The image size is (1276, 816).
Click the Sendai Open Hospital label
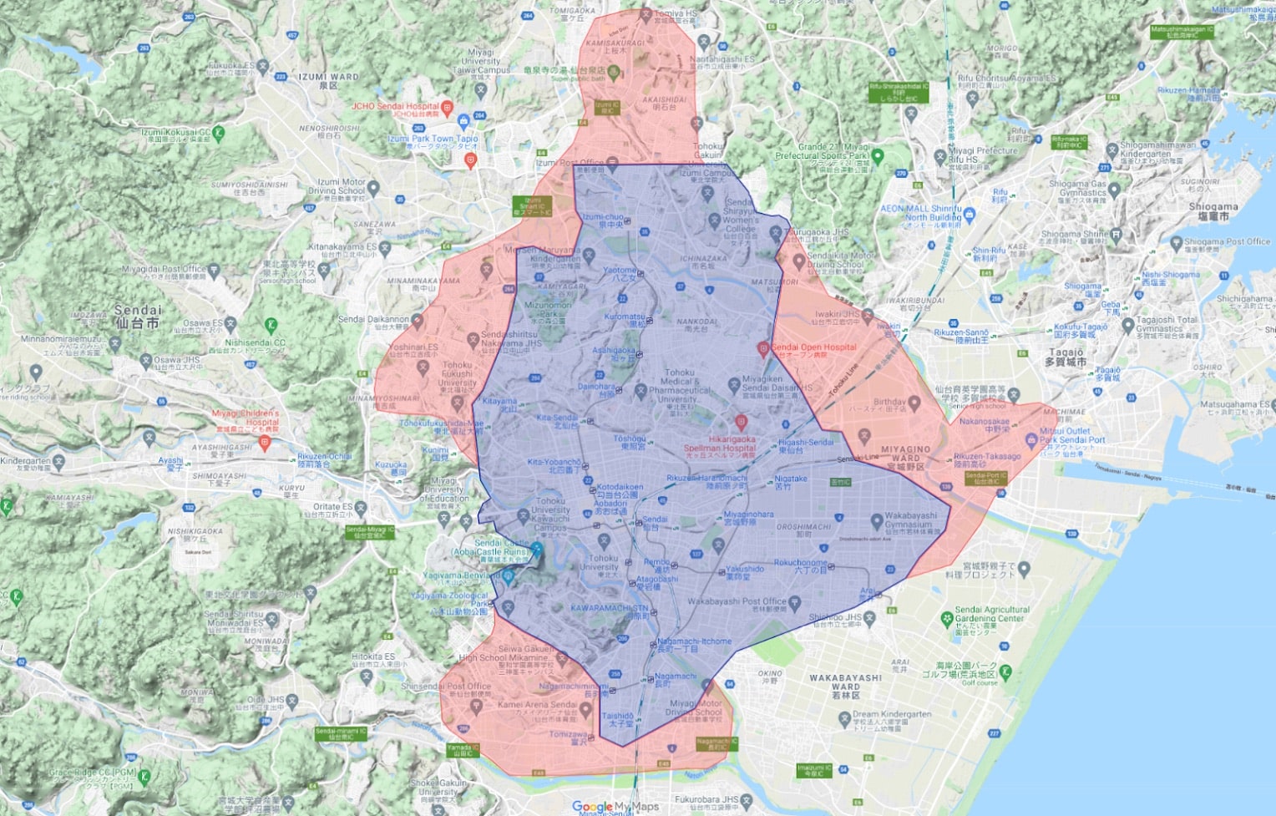[x=813, y=347]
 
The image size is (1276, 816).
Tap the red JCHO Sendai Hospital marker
[x=448, y=108]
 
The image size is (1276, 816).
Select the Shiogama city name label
[x=1213, y=210]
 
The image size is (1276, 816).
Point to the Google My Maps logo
[x=615, y=807]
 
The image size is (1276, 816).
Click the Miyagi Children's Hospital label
[x=246, y=418]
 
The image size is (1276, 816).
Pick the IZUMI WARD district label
[x=328, y=80]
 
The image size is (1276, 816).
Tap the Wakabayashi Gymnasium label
[x=910, y=520]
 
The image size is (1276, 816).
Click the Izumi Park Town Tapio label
[x=433, y=139]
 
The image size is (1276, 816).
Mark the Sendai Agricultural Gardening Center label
[x=991, y=615]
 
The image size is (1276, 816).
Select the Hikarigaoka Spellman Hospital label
[x=720, y=443]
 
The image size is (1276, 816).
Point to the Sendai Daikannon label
[x=373, y=319]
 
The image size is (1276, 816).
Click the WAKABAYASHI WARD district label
[x=845, y=682]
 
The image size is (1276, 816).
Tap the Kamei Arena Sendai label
[x=537, y=704]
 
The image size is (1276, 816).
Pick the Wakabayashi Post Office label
[x=737, y=601]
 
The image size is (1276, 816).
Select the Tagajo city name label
[x=1065, y=357]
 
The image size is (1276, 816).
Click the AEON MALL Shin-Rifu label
[x=921, y=213]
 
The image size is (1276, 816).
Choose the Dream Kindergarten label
[x=892, y=714]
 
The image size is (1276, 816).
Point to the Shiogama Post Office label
[x=1227, y=242]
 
